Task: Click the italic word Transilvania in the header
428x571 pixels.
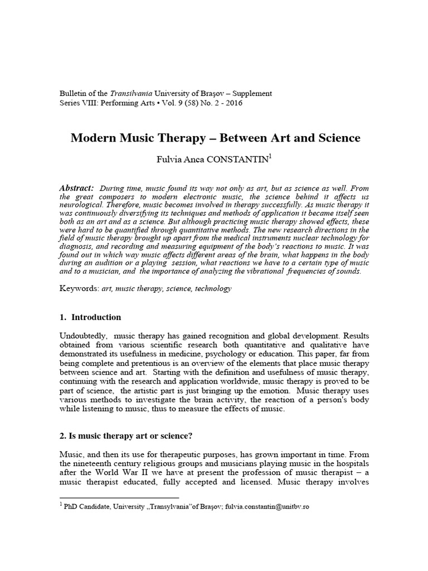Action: pyautogui.click(x=119, y=93)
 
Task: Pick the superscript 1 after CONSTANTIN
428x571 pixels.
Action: pyautogui.click(x=270, y=157)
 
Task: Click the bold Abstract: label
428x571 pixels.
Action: pyautogui.click(x=76, y=188)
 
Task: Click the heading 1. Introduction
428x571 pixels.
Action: pyautogui.click(x=90, y=317)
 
